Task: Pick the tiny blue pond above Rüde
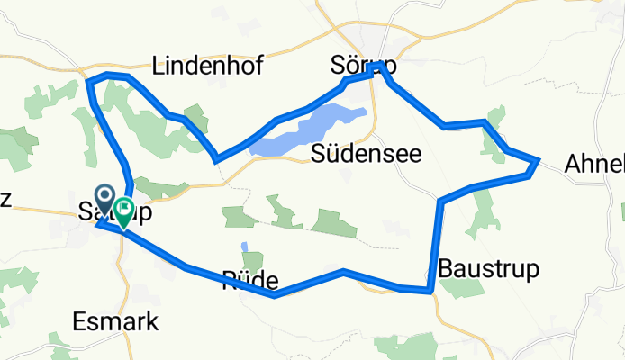[244, 246]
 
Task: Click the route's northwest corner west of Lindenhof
[88, 81]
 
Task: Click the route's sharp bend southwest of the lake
[216, 160]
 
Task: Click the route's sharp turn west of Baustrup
[440, 199]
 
